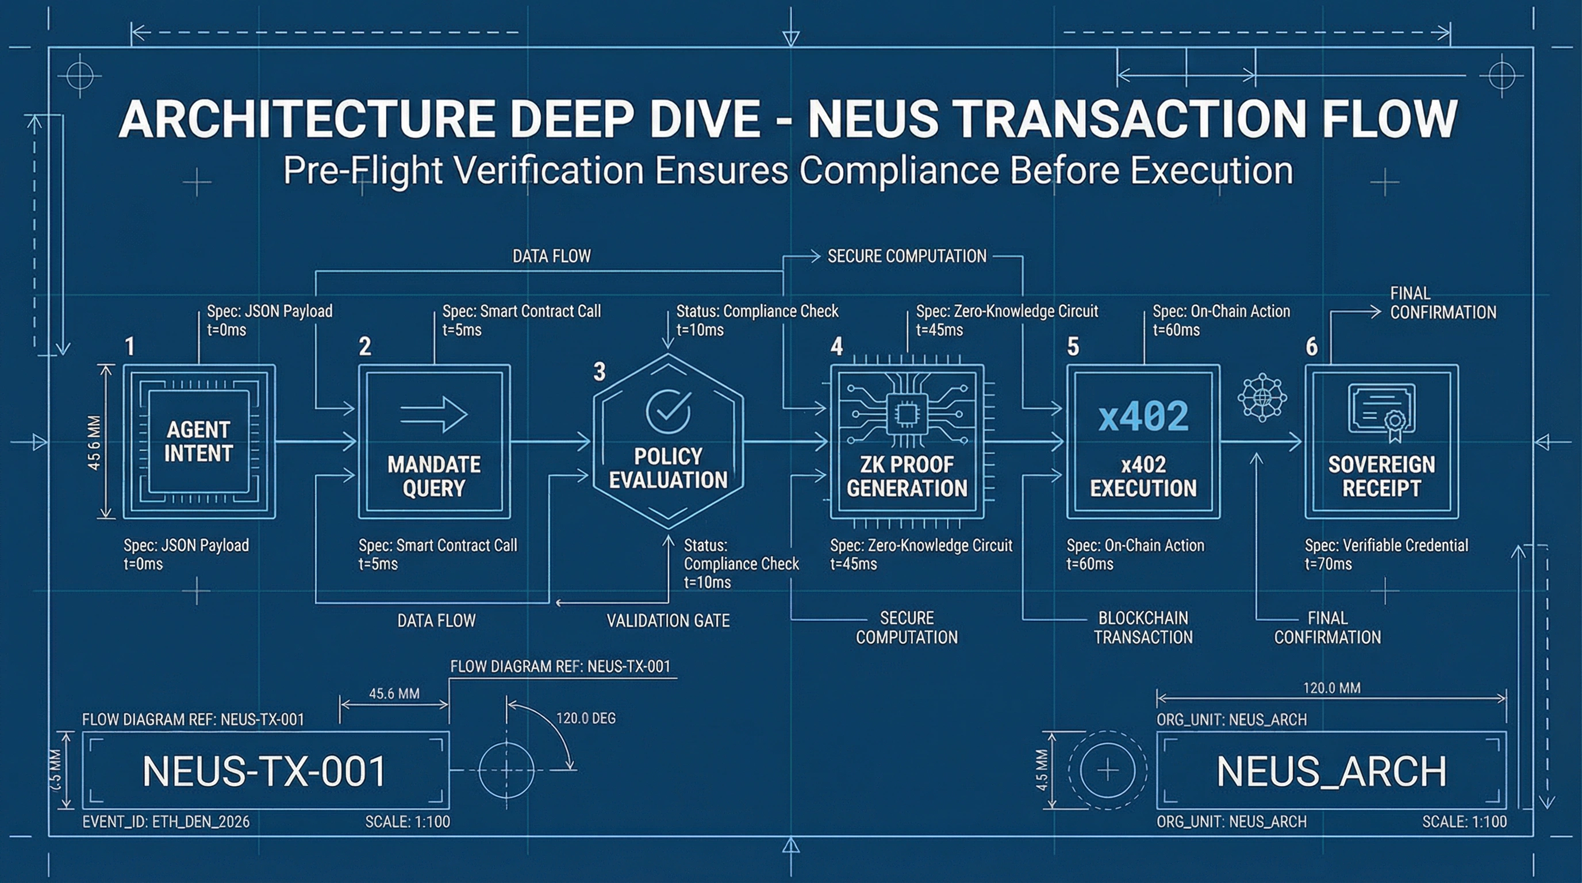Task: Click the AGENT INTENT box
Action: click(x=199, y=441)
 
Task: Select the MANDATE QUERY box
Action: click(x=434, y=441)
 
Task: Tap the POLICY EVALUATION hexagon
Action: click(x=668, y=441)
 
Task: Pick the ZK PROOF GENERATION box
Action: click(x=907, y=441)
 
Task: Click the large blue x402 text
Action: click(x=1143, y=416)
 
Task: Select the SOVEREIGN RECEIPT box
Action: click(x=1381, y=441)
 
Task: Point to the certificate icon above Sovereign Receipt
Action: click(x=1382, y=410)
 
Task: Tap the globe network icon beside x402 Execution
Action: click(x=1262, y=397)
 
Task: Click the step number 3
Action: click(x=600, y=371)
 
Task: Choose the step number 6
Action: click(x=1311, y=347)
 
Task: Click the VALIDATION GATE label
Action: click(x=668, y=621)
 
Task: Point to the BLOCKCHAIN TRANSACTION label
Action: click(x=1143, y=628)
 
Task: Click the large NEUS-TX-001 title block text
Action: click(x=264, y=771)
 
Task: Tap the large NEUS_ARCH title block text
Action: click(x=1331, y=771)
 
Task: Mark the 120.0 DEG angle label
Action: click(x=585, y=718)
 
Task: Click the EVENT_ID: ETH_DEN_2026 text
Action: click(x=166, y=821)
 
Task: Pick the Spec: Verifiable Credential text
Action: click(x=1386, y=546)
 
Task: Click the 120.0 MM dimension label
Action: click(x=1331, y=688)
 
